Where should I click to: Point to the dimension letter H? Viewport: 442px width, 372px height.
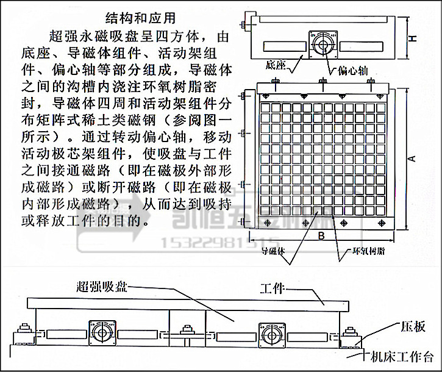click(413, 38)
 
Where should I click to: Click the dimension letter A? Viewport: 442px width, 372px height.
click(413, 158)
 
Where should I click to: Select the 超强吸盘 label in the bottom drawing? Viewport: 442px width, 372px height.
click(101, 285)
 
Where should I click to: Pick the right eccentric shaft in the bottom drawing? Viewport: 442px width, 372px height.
click(269, 334)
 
